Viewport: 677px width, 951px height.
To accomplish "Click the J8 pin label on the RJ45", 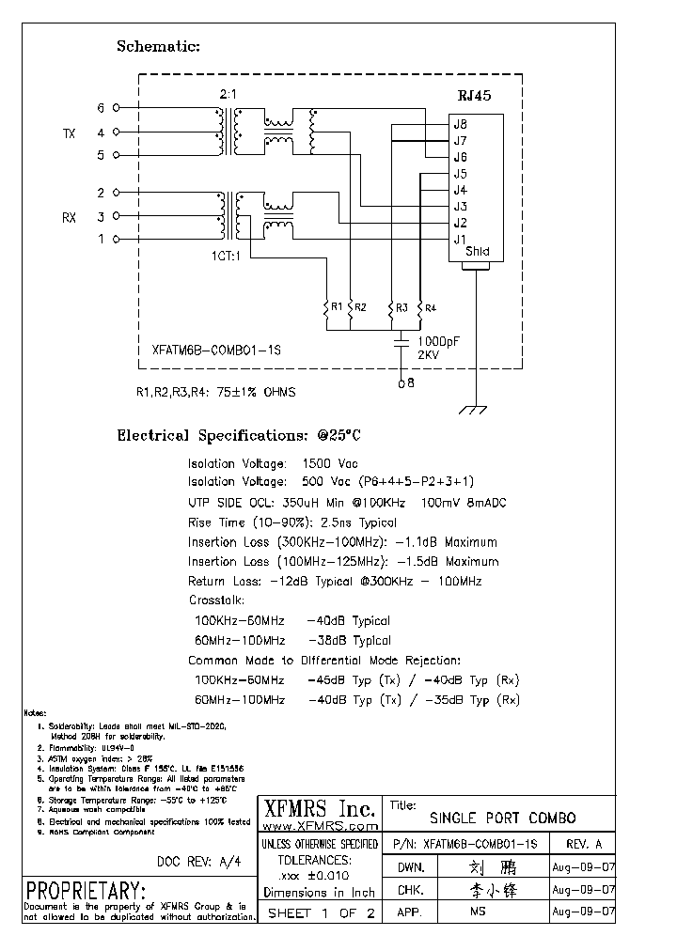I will click(x=461, y=123).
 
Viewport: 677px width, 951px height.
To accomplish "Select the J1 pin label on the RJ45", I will click(x=460, y=240).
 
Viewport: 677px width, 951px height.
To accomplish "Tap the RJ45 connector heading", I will click(x=474, y=96).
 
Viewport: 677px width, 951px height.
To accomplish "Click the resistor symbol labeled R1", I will click(x=326, y=307).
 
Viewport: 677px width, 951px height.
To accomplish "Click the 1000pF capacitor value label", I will click(x=439, y=342).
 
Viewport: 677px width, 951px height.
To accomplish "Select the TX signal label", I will click(x=68, y=134).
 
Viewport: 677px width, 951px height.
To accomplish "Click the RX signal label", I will click(x=69, y=218).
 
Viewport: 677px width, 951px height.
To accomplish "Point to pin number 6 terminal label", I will click(x=101, y=108).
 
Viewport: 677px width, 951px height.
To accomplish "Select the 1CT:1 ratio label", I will click(x=225, y=255).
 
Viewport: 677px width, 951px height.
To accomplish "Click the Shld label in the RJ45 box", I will click(x=478, y=252).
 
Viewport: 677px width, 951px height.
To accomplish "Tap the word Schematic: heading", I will click(x=158, y=46).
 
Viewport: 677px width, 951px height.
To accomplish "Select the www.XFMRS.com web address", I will click(x=319, y=826).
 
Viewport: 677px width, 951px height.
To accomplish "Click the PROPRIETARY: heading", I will click(x=86, y=891).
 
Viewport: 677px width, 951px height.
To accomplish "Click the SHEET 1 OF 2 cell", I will click(x=321, y=912).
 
